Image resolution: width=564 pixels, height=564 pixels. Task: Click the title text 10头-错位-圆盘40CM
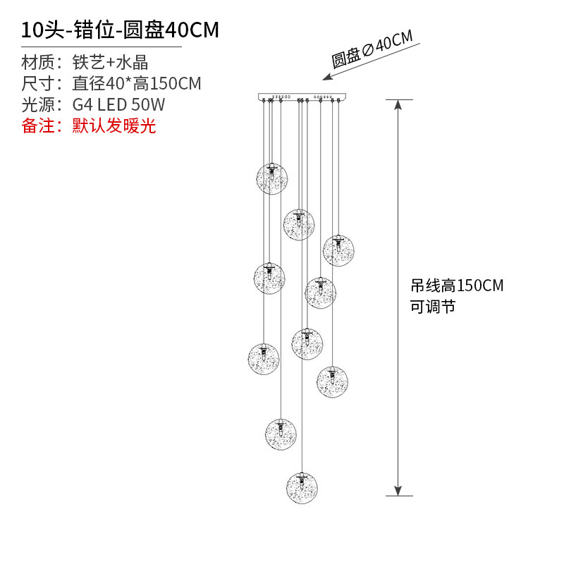(x=120, y=30)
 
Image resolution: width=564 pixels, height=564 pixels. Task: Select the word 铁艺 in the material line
(x=87, y=62)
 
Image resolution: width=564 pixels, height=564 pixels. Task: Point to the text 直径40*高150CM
(x=137, y=84)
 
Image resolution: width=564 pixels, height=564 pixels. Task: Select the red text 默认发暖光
(x=114, y=126)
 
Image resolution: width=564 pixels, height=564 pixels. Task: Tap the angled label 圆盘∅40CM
(x=372, y=51)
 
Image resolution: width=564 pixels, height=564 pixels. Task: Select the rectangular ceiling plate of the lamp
(x=303, y=97)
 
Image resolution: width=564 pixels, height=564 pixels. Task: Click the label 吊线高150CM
(x=457, y=286)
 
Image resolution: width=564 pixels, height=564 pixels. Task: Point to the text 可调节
(x=433, y=307)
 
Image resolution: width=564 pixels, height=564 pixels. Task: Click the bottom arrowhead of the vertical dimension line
(x=398, y=490)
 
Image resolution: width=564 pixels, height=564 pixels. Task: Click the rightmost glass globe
(x=338, y=250)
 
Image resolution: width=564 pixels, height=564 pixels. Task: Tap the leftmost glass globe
(x=263, y=358)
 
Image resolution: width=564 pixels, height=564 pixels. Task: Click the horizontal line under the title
(x=102, y=47)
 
